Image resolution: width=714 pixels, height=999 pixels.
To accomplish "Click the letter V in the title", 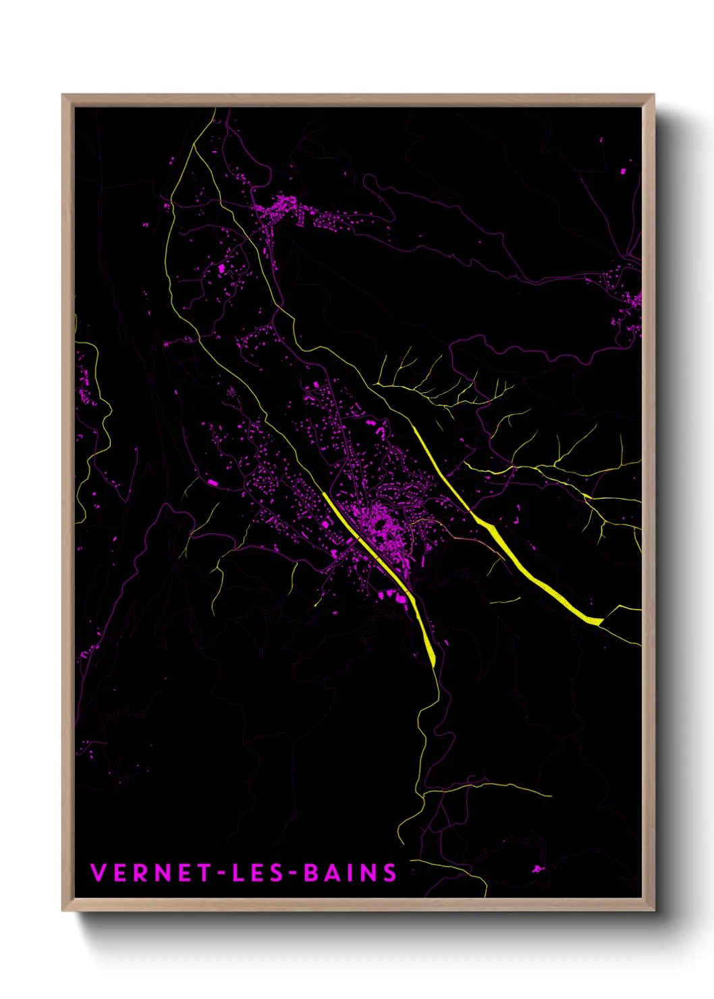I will click(x=99, y=873).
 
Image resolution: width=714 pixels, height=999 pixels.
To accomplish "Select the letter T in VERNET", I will click(x=205, y=873).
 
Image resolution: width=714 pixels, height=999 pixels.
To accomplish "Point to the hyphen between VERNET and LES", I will click(x=220, y=873).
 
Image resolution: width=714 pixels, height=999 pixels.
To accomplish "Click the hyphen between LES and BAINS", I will click(x=292, y=873).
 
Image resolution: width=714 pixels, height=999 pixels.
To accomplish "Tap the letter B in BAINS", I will click(x=311, y=873).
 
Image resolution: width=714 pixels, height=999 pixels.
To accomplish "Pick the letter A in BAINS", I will click(x=333, y=873).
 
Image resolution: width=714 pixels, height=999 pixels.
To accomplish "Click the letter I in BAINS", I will click(x=352, y=873).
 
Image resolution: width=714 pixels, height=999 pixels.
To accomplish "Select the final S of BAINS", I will click(x=390, y=873).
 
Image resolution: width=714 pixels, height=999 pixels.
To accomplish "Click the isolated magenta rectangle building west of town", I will click(x=213, y=482).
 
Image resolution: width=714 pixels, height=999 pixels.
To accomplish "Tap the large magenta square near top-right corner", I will click(x=622, y=171).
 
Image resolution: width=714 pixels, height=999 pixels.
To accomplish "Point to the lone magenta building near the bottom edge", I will click(x=537, y=869).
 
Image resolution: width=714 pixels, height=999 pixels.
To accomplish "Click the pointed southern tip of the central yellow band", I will click(x=433, y=666).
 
